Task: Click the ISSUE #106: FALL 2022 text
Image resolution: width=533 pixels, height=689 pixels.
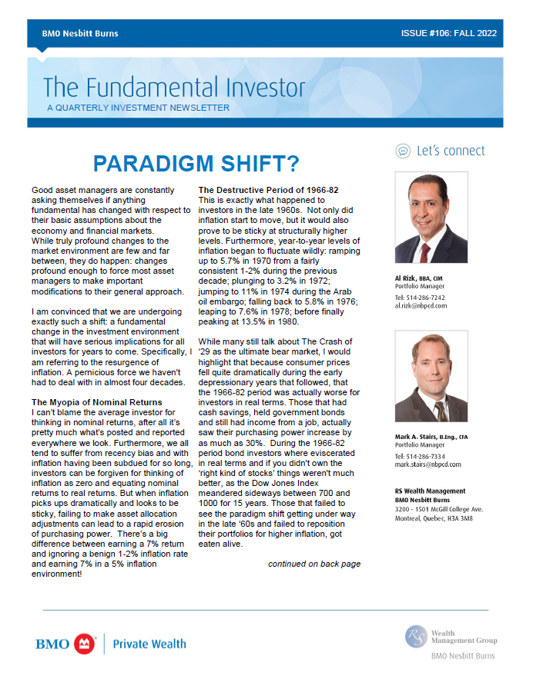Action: pos(448,34)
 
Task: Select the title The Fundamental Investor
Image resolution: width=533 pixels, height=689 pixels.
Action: pos(174,87)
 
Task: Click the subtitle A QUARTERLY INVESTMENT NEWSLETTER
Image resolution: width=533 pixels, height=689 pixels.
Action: pos(138,108)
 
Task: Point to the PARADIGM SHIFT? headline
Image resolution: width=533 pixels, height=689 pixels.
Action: pos(195,163)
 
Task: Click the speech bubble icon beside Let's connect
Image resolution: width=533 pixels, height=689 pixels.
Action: pos(402,151)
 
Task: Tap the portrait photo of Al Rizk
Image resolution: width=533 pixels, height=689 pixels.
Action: pos(431,218)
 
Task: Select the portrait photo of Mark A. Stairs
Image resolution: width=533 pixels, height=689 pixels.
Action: pos(431,376)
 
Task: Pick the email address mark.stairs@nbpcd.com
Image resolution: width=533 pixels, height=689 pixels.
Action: pos(427,464)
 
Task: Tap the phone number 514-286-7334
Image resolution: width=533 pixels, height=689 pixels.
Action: pos(428,456)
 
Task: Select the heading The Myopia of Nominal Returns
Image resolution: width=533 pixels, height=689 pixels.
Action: pos(96,402)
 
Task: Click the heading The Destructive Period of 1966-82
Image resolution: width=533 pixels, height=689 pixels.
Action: pos(269,190)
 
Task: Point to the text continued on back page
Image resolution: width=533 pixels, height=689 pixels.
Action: pos(313,564)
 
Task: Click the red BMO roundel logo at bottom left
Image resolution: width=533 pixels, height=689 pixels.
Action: pos(84,644)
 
